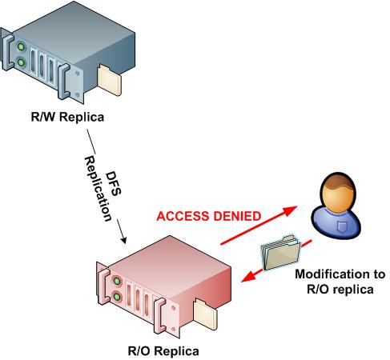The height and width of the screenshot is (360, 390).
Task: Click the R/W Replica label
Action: click(67, 117)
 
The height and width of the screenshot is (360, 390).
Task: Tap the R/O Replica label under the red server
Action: click(163, 351)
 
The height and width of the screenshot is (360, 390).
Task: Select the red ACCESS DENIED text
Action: click(209, 216)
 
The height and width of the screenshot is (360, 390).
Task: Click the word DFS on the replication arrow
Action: click(114, 184)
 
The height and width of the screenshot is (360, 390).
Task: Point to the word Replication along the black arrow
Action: click(98, 189)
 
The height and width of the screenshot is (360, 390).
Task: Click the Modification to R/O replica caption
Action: click(340, 282)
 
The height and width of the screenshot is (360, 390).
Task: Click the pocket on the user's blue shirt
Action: click(341, 226)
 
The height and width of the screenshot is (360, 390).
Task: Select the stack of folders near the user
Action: click(281, 252)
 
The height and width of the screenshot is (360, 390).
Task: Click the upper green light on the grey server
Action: click(21, 47)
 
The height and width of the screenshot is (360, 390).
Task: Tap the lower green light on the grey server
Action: click(21, 63)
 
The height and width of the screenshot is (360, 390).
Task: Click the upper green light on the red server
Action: click(117, 281)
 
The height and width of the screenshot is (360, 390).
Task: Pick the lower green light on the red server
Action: click(117, 297)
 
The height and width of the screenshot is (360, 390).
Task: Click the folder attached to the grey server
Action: click(110, 80)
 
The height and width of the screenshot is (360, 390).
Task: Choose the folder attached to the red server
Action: click(205, 314)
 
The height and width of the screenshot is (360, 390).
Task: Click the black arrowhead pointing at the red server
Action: click(123, 239)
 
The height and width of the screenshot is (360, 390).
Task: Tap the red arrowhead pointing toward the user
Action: click(290, 210)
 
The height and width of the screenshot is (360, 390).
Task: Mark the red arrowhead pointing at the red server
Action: click(247, 276)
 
